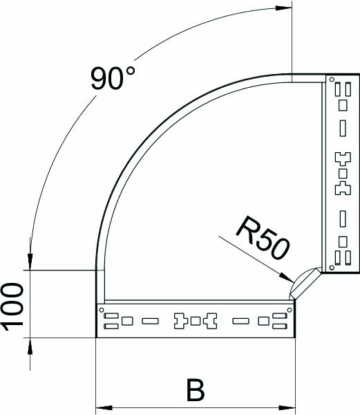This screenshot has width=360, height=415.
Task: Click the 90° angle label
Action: pos(112,78)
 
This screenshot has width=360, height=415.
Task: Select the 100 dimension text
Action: pos(15,306)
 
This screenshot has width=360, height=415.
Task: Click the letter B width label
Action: pos(196,389)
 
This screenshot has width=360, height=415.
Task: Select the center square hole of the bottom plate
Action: pos(196,321)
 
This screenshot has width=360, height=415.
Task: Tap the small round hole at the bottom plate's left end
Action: pos(102,309)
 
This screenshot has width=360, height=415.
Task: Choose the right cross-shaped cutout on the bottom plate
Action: pos(211,321)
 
